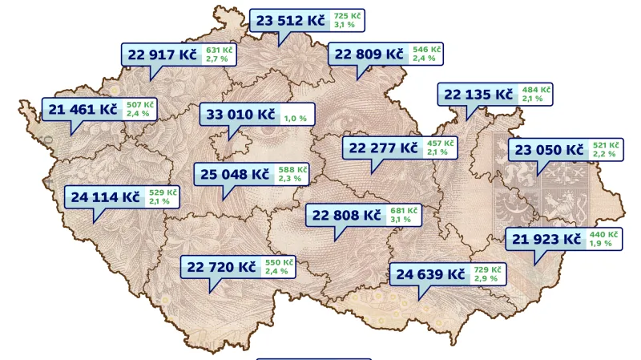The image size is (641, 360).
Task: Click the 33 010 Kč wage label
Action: click(x=241, y=115)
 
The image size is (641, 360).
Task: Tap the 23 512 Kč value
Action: click(x=291, y=21)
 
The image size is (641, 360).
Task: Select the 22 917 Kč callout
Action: click(x=162, y=55)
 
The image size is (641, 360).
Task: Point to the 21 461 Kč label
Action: click(x=83, y=109)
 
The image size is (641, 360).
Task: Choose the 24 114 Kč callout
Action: click(x=105, y=196)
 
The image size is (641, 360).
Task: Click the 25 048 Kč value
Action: click(x=234, y=173)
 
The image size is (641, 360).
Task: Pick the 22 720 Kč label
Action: click(x=222, y=266)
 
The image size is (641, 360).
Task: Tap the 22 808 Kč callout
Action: click(x=346, y=215)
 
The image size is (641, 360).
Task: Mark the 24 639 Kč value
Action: click(x=430, y=274)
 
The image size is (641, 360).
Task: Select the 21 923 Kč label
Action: click(x=546, y=239)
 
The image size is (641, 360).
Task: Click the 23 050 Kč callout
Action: click(x=549, y=149)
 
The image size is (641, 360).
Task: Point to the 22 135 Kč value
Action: click(x=478, y=95)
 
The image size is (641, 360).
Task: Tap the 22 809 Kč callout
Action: click(x=369, y=55)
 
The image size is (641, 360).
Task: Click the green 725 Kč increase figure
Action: click(x=347, y=16)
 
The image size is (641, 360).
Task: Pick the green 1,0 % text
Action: click(x=295, y=119)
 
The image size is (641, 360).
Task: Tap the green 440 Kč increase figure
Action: click(x=603, y=235)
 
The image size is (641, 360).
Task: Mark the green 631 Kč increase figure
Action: click(x=219, y=50)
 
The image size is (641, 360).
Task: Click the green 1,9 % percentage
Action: click(x=602, y=244)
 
